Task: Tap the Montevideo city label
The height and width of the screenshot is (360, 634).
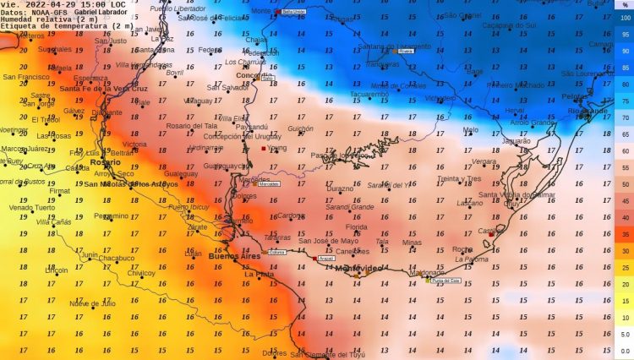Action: tap(360, 268)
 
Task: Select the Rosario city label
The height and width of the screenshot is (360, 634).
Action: tap(105, 161)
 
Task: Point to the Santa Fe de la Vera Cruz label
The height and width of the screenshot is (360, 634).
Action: tap(103, 89)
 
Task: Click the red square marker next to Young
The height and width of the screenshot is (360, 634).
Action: tap(264, 149)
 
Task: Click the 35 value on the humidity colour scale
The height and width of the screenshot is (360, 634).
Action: tap(624, 234)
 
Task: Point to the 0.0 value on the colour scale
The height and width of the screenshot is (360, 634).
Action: tap(624, 351)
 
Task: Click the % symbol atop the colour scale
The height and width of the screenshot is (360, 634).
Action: tap(624, 5)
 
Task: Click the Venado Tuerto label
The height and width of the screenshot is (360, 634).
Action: tap(30, 207)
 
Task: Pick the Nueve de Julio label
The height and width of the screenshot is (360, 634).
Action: tap(92, 303)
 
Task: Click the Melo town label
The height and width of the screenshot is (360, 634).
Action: tap(470, 129)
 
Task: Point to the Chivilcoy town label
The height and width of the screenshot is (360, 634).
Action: tap(141, 273)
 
